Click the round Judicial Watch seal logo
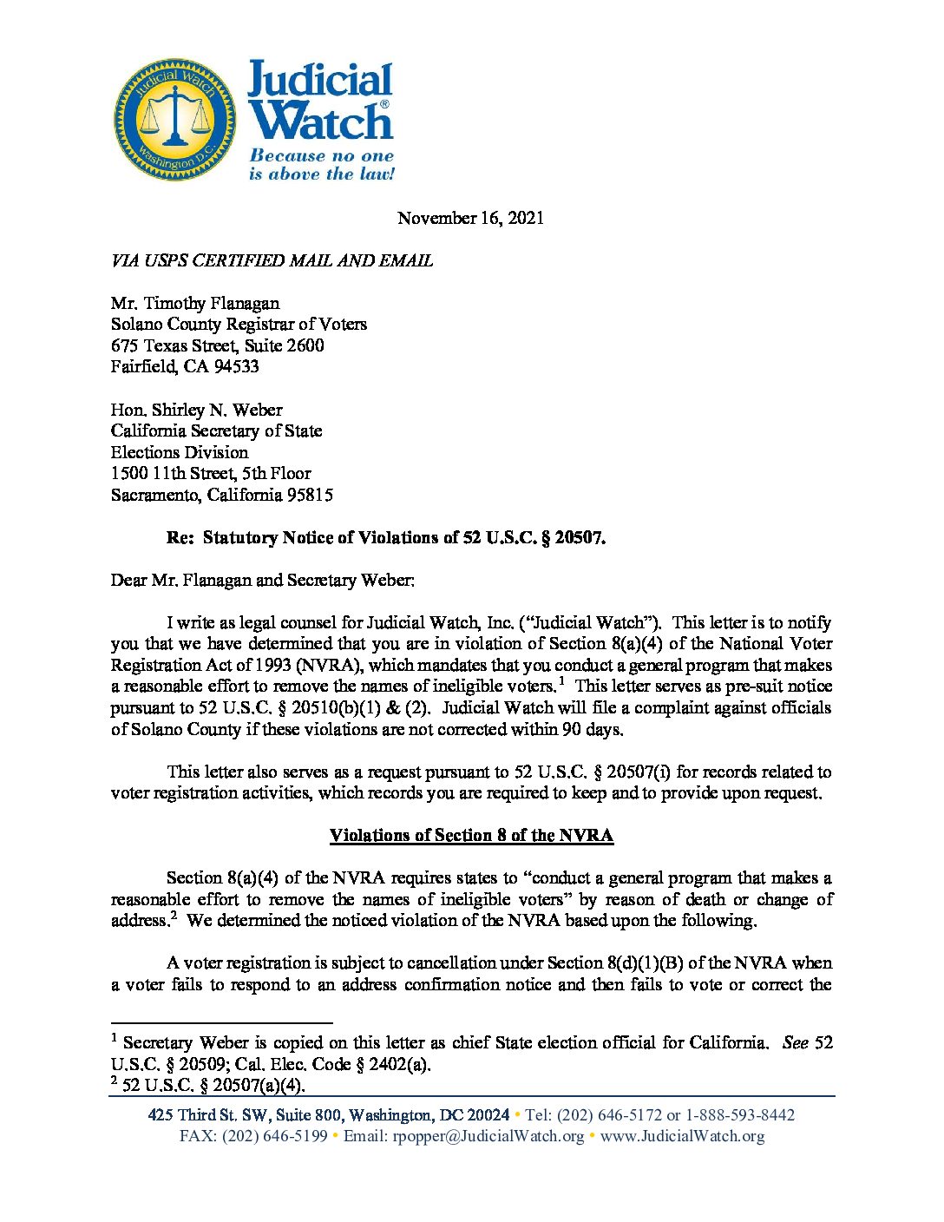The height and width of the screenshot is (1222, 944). [175, 120]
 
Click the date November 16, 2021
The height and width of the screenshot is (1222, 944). [470, 218]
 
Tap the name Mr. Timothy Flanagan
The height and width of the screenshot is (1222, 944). [195, 303]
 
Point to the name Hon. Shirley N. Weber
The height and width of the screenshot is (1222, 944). [196, 410]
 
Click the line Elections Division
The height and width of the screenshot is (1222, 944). [179, 452]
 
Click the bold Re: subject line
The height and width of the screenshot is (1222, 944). [385, 537]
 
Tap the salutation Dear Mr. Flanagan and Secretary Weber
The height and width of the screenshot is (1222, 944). [262, 580]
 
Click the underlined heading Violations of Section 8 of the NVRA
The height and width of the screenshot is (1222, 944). [471, 835]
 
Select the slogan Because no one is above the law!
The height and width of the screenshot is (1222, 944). [321, 165]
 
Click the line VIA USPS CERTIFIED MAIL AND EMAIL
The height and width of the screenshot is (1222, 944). [272, 260]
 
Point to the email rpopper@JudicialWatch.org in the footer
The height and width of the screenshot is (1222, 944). [488, 1136]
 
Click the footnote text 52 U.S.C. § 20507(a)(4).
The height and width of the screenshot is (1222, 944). [213, 1085]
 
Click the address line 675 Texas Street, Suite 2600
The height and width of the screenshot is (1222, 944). [217, 345]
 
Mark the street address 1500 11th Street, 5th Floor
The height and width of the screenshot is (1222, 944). [210, 473]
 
